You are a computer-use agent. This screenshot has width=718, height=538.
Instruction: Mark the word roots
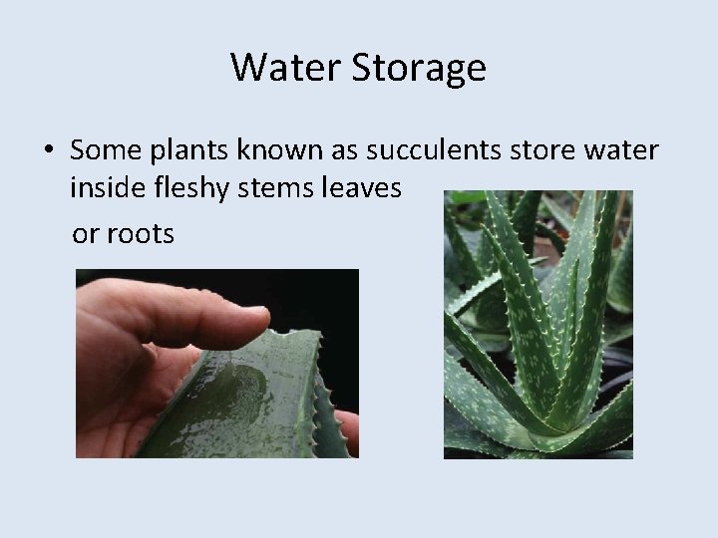(141, 234)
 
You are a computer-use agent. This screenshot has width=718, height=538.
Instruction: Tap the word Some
(94, 151)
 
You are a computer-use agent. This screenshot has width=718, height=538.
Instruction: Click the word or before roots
(86, 235)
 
